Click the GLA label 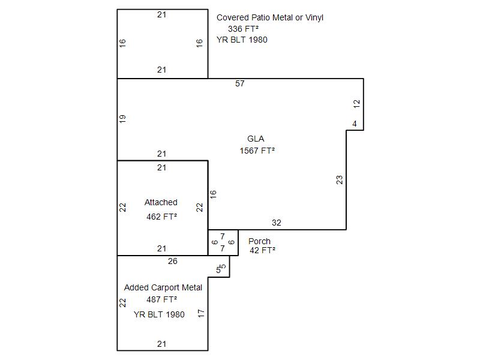click(x=256, y=139)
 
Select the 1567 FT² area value click(x=257, y=151)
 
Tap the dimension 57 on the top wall click(x=240, y=84)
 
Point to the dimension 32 click(x=276, y=223)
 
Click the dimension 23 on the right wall click(x=340, y=179)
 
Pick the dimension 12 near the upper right click(x=357, y=103)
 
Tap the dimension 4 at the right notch click(x=355, y=124)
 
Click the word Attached click(x=161, y=203)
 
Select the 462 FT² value click(x=161, y=217)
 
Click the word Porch click(x=259, y=241)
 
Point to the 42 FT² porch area click(x=262, y=250)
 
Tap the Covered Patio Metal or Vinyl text click(x=270, y=17)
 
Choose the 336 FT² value click(x=244, y=29)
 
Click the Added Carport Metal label click(x=163, y=287)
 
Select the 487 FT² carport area click(x=161, y=299)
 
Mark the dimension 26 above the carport click(x=173, y=261)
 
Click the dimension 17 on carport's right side click(x=202, y=313)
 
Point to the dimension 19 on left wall click(x=123, y=119)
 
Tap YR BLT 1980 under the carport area click(x=159, y=314)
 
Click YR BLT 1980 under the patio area click(x=242, y=40)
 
